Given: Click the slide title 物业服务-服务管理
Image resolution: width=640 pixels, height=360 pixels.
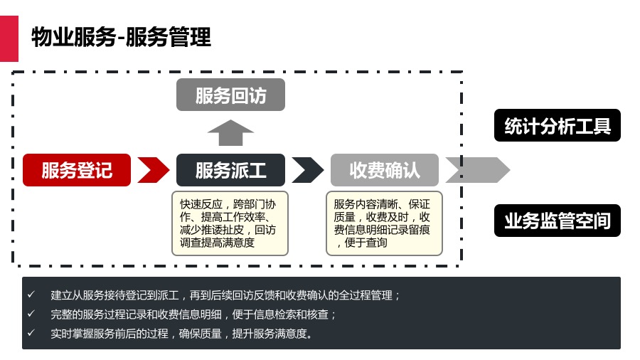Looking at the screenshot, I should (x=121, y=37).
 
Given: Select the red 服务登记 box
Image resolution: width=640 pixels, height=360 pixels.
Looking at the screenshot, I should (x=77, y=170).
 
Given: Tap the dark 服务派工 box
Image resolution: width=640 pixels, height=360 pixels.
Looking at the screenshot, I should (x=230, y=170).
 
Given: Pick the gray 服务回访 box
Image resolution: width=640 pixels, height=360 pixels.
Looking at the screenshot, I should (x=230, y=95).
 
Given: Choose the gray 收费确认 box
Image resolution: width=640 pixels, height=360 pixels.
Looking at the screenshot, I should (x=385, y=170).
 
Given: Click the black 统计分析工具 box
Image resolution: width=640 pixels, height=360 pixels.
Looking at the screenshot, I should (x=558, y=126).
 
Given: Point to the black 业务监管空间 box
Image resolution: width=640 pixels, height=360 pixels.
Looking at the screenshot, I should (x=558, y=221).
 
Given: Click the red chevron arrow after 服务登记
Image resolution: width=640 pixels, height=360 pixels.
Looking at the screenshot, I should (x=153, y=170).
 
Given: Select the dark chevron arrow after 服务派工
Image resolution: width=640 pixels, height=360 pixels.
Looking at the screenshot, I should (x=307, y=170).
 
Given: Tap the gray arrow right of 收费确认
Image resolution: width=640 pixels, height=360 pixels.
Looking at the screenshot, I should (x=477, y=170).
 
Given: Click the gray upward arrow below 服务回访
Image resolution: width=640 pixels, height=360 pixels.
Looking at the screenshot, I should (x=230, y=133).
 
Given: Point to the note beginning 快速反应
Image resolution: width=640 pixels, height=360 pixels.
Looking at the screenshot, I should (x=230, y=223).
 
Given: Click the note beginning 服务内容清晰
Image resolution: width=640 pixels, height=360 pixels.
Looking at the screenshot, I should (x=384, y=223).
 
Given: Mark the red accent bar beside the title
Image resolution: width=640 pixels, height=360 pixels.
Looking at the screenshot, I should (x=9, y=37).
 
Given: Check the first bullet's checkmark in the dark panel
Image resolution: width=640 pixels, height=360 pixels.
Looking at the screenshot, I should (x=31, y=295).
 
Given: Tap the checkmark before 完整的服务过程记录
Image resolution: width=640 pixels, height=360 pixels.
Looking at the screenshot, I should (x=31, y=314).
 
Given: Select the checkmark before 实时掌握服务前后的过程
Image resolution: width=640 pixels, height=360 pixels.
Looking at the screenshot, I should (x=31, y=333).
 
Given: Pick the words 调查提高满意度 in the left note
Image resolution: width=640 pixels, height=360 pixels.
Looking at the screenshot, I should (x=217, y=243).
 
